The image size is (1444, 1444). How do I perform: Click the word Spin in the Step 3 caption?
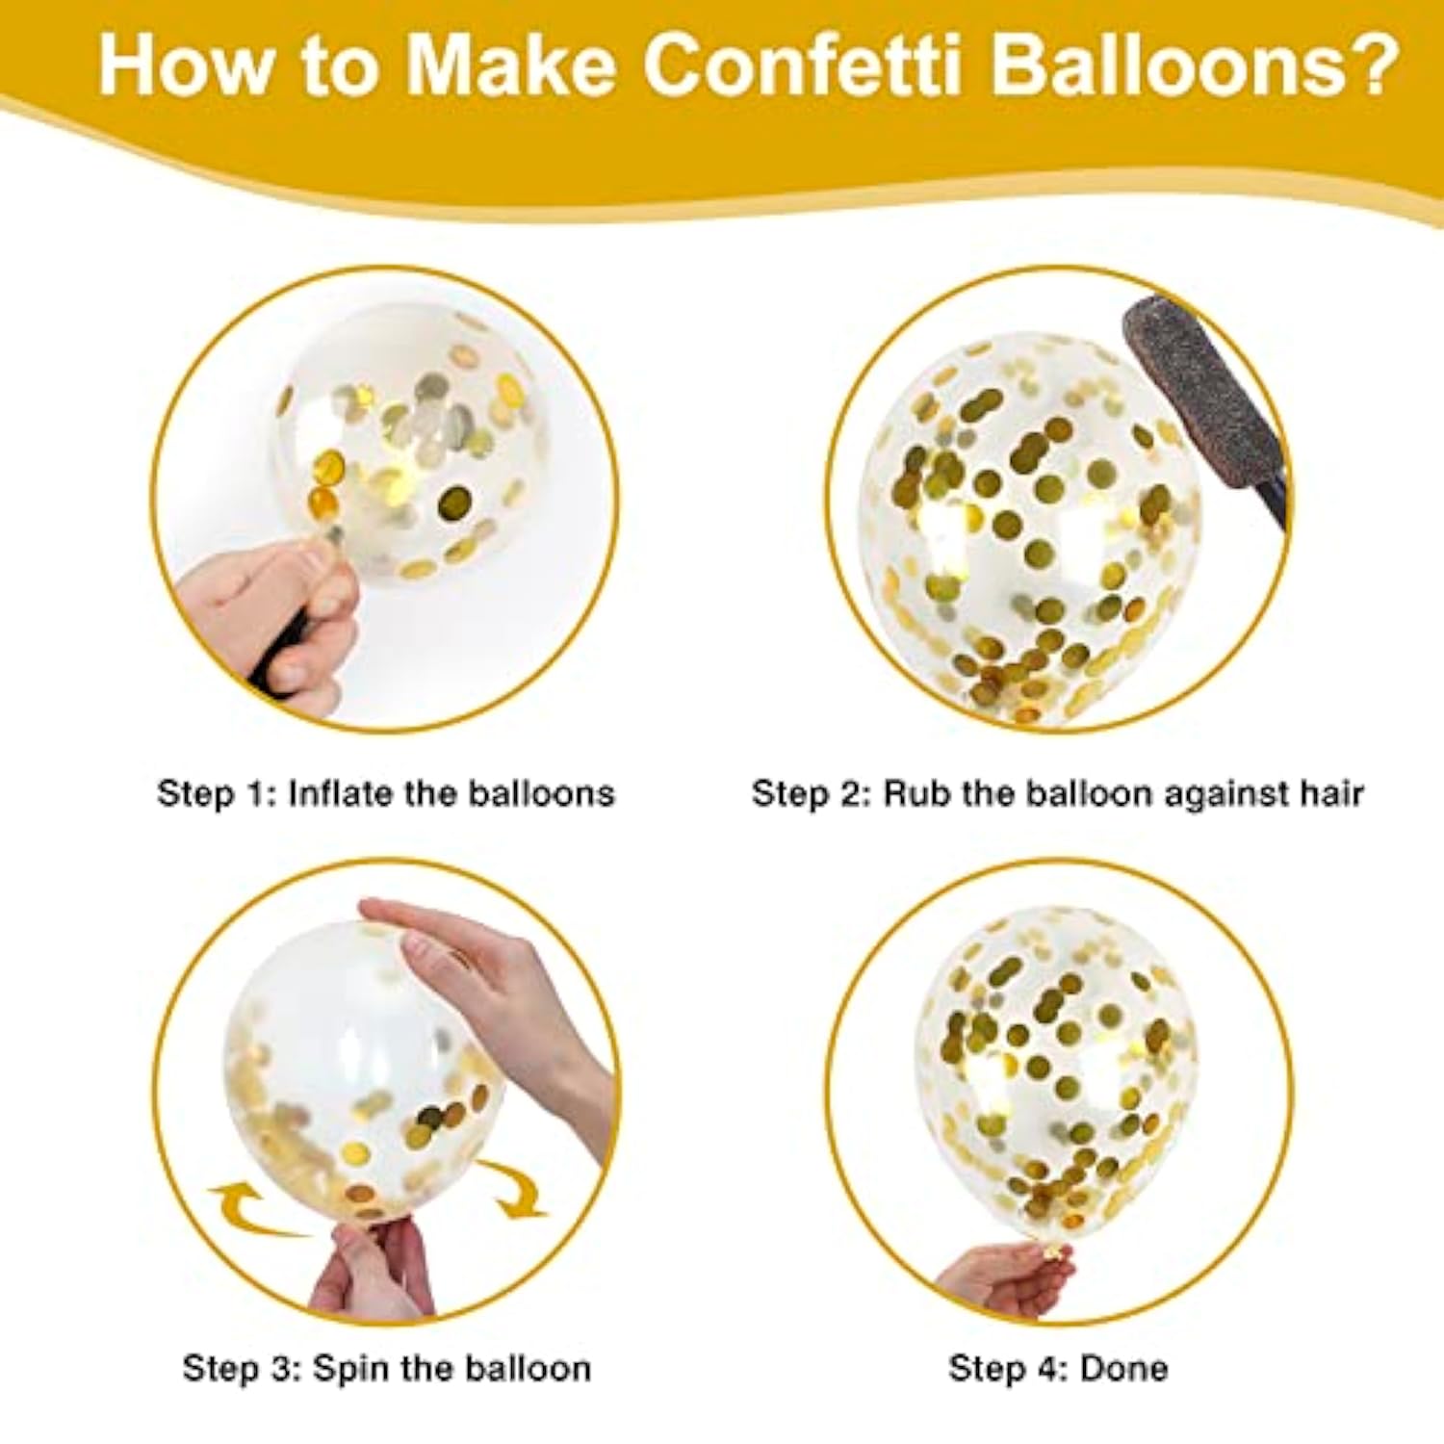348,1368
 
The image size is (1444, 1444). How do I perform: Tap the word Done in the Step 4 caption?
1123,1368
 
